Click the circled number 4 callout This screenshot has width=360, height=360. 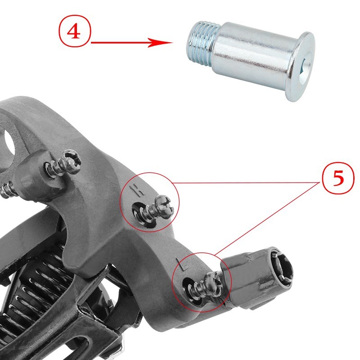75,33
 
